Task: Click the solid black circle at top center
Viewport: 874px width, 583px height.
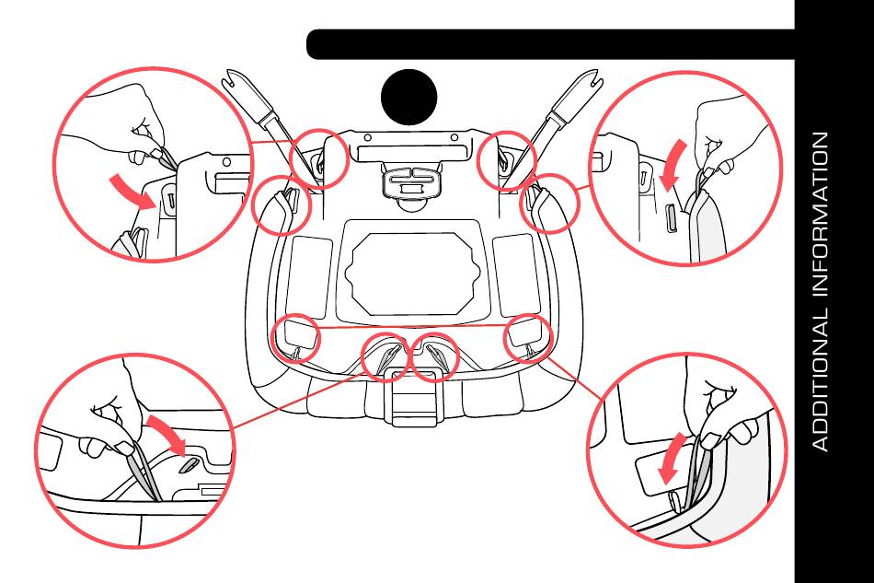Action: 409,96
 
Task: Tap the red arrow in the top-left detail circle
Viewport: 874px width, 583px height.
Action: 134,190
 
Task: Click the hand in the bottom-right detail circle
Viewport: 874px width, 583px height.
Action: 727,405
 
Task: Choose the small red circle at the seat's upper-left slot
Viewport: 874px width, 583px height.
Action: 319,157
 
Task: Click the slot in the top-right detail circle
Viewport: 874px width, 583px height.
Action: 668,221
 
